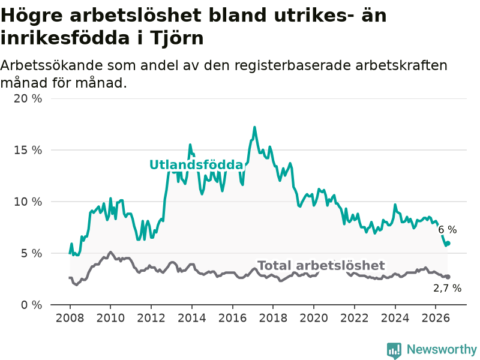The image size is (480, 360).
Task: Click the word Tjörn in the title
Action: pyautogui.click(x=176, y=38)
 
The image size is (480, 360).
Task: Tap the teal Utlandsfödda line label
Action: pyautogui.click(x=196, y=164)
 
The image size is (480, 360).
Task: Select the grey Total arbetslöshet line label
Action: pyautogui.click(x=321, y=265)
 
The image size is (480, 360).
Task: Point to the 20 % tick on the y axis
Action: pyautogui.click(x=28, y=98)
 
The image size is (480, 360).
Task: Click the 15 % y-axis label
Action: pyautogui.click(x=28, y=150)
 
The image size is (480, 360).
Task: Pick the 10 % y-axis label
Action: pyautogui.click(x=28, y=202)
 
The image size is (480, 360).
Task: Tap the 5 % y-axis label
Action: pyautogui.click(x=31, y=253)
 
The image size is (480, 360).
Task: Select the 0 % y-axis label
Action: pyautogui.click(x=31, y=305)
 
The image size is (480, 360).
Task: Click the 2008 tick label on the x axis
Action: pyautogui.click(x=70, y=318)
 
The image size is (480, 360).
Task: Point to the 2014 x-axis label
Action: pyautogui.click(x=192, y=318)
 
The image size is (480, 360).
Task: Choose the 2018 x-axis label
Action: pyautogui.click(x=273, y=318)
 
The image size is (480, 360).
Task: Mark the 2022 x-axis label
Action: pyautogui.click(x=355, y=318)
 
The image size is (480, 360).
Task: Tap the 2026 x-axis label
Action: pyautogui.click(x=436, y=318)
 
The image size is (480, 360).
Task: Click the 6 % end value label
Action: pyautogui.click(x=448, y=230)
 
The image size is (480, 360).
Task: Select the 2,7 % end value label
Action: pyautogui.click(x=447, y=288)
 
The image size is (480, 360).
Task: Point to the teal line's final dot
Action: pyautogui.click(x=448, y=244)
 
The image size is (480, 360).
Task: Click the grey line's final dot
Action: pyautogui.click(x=448, y=277)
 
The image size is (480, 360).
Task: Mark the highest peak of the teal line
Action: pyautogui.click(x=254, y=127)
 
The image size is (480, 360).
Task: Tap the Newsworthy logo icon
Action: pyautogui.click(x=394, y=350)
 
